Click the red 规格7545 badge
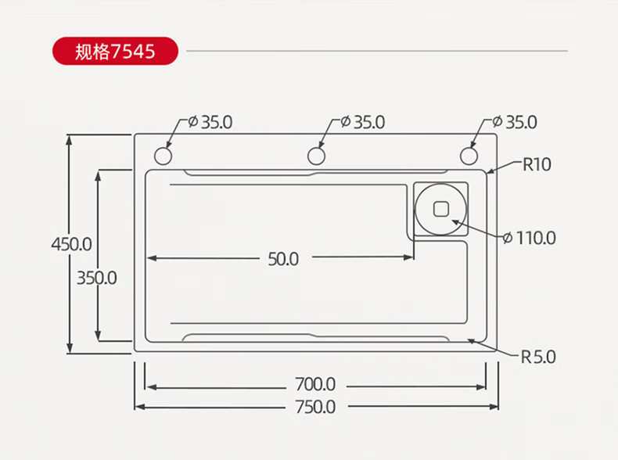(x=115, y=52)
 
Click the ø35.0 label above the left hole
(x=210, y=122)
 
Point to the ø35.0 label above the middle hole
(x=363, y=122)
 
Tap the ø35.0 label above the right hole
(x=515, y=122)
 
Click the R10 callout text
(x=537, y=164)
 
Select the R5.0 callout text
(x=538, y=357)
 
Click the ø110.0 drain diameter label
(x=530, y=238)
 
